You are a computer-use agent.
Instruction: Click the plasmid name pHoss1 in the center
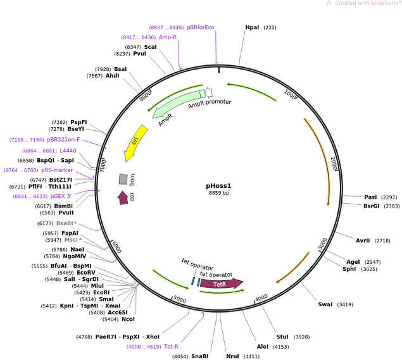coord(218,186)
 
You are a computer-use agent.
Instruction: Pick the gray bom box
coord(123,180)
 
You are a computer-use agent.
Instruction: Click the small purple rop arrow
coord(123,197)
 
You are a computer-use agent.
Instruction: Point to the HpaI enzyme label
coord(252,27)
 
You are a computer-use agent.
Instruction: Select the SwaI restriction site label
coord(325,304)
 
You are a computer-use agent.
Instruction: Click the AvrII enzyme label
coord(363,240)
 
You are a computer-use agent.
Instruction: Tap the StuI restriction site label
coord(282,336)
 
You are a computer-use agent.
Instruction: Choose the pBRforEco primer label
coord(200,27)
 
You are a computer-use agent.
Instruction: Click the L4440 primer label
coord(68,151)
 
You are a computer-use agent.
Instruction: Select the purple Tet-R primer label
coord(171,346)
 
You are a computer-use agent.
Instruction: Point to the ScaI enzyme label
coord(150,47)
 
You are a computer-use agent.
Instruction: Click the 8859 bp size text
coord(218,193)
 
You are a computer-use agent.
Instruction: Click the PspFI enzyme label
coord(79,122)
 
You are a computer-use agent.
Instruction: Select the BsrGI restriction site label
coord(372,206)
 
